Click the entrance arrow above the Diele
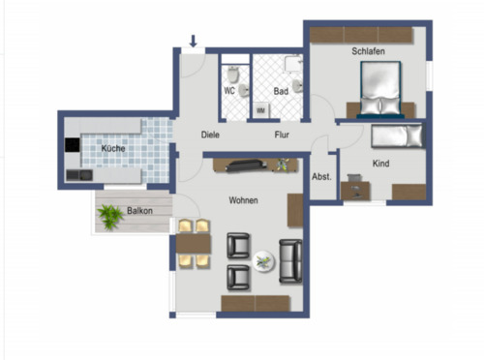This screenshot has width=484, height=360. [194, 42]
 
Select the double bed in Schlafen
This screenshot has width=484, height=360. [380, 90]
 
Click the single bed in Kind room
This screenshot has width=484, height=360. [398, 135]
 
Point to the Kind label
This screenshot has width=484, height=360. [381, 164]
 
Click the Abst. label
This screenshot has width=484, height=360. [321, 178]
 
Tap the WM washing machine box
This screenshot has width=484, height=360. [260, 110]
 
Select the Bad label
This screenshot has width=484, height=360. [281, 91]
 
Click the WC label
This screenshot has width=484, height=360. [229, 91]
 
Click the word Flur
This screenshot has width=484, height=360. [283, 135]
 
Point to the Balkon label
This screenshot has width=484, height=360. [138, 210]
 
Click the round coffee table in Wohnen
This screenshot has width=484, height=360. [262, 260]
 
